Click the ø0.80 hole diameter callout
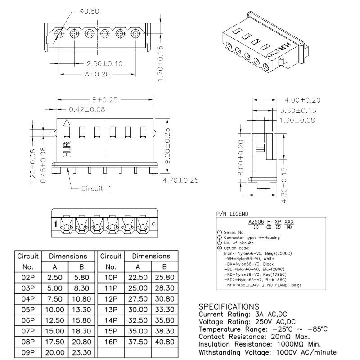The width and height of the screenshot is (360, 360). point(90,11)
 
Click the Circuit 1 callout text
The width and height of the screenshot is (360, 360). point(96,188)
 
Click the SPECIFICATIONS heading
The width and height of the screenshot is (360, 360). point(229,306)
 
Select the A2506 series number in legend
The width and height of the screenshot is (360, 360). point(256,222)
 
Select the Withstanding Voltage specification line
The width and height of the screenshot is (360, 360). point(267,352)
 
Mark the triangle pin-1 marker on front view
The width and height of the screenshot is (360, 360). point(67,122)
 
